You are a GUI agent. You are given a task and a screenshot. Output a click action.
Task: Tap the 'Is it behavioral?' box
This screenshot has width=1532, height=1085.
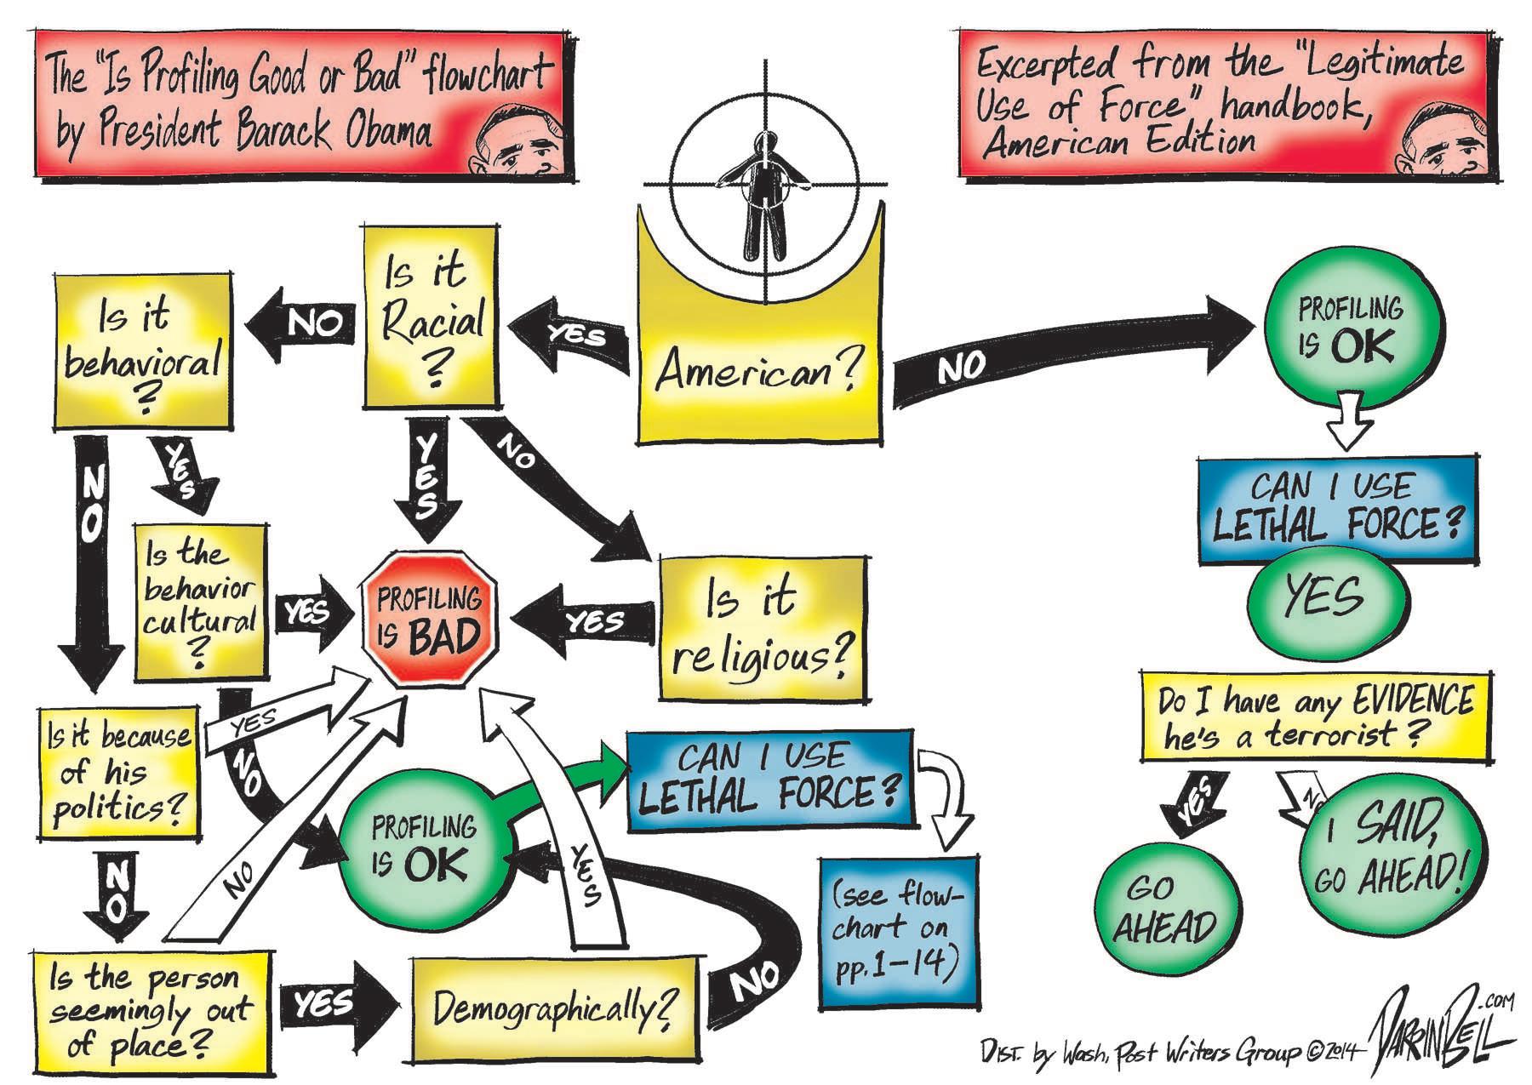click(142, 351)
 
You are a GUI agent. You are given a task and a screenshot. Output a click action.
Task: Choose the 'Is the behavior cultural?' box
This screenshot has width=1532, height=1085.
click(200, 603)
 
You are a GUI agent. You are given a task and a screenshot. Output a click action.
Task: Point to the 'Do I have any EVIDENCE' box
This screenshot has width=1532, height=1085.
click(1315, 716)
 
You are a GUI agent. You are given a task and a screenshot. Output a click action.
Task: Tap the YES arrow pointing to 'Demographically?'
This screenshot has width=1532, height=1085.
click(336, 1004)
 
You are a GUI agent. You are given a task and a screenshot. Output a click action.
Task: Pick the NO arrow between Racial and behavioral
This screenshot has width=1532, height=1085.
click(302, 324)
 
